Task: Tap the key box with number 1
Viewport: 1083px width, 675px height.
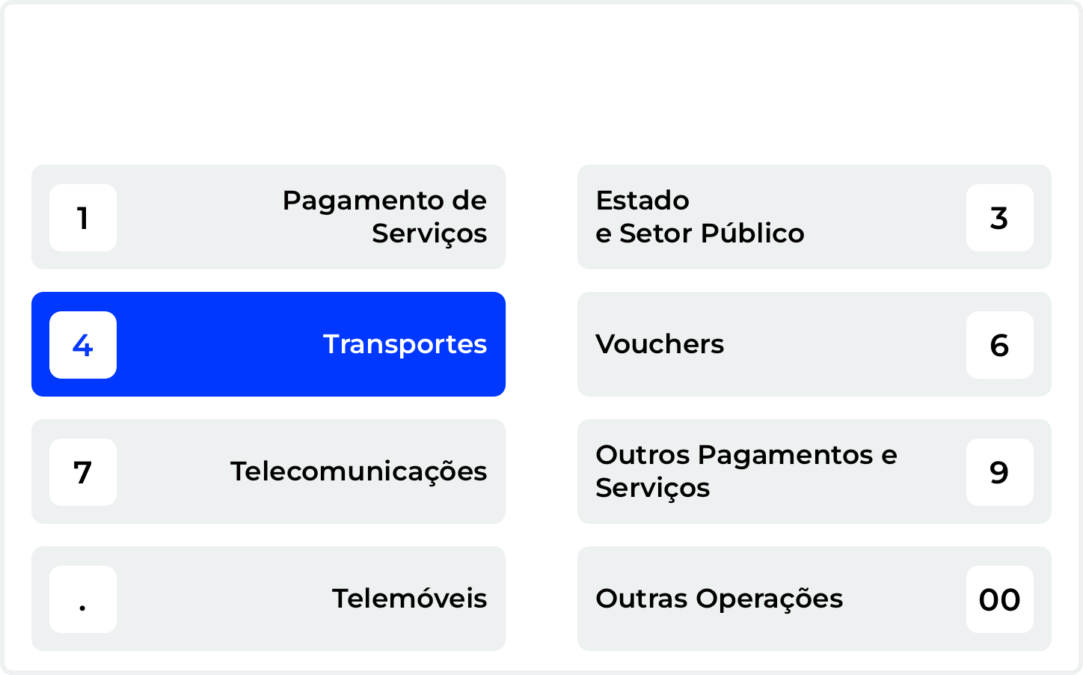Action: click(x=83, y=218)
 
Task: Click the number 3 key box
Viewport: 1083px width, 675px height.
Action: click(x=1000, y=218)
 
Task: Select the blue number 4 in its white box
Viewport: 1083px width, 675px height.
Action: click(x=83, y=346)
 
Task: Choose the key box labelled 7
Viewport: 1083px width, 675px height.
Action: click(x=83, y=472)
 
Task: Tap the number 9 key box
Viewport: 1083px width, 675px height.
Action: click(x=1000, y=472)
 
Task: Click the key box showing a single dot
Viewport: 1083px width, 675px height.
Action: click(x=83, y=599)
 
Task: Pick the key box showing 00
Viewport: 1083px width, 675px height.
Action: click(x=1000, y=599)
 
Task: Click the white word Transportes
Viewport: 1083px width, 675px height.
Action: click(x=405, y=344)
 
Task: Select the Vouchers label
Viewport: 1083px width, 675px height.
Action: click(x=660, y=344)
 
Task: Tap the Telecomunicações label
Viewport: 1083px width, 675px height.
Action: click(x=359, y=471)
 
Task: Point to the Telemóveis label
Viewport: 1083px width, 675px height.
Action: click(x=410, y=599)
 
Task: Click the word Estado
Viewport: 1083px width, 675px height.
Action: click(x=642, y=201)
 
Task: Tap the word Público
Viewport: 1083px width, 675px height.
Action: click(x=752, y=233)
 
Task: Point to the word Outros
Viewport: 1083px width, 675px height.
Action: click(x=642, y=455)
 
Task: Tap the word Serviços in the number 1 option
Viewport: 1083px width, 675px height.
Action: click(x=429, y=234)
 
